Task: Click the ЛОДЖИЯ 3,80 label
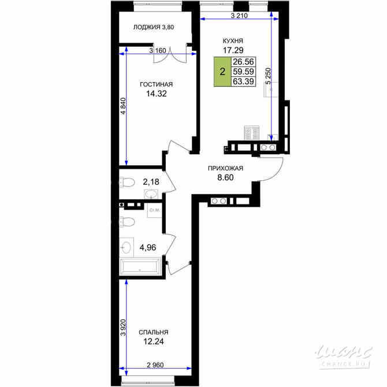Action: coord(154,27)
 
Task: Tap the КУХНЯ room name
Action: coord(233,41)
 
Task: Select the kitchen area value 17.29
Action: coord(233,50)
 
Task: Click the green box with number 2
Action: coord(222,72)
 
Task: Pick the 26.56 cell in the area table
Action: coord(243,62)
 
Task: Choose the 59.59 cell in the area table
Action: coord(243,72)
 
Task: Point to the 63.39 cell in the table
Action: coord(243,81)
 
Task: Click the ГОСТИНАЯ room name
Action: coord(156,84)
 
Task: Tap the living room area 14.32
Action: coord(157,94)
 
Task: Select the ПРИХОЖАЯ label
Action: coord(226,168)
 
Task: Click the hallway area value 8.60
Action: coord(225,177)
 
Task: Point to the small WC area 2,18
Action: coord(151,182)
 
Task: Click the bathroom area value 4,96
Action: coord(148,247)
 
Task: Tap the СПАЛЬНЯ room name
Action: coord(154,333)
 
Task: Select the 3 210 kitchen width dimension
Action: coord(239,16)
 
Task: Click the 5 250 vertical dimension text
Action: coord(268,76)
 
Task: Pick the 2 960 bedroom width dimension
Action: coord(155,365)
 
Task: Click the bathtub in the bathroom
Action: coord(140,266)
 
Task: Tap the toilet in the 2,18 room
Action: coord(127,183)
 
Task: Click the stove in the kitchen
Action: coord(251,133)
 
